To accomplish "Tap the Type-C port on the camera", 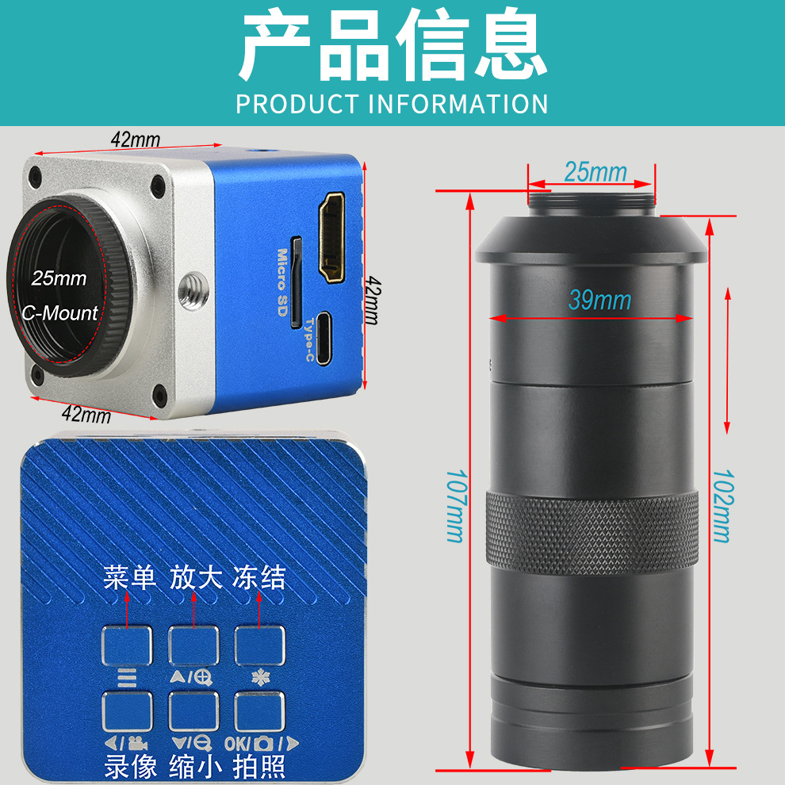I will [x=325, y=335].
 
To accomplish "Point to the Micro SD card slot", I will [x=296, y=282].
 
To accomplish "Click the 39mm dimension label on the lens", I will [x=599, y=300].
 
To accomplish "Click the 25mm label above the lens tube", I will [x=595, y=170].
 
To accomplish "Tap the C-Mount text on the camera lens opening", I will [x=60, y=312].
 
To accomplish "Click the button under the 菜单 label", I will [x=127, y=645].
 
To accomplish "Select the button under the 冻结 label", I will [x=259, y=645].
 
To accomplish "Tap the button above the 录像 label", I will [x=127, y=711].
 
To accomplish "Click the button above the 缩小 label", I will [x=193, y=711].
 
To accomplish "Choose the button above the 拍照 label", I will [x=259, y=711].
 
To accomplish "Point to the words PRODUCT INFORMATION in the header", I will [x=392, y=104].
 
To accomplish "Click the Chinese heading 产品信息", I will [x=392, y=46].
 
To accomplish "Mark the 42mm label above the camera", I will [x=135, y=140].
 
